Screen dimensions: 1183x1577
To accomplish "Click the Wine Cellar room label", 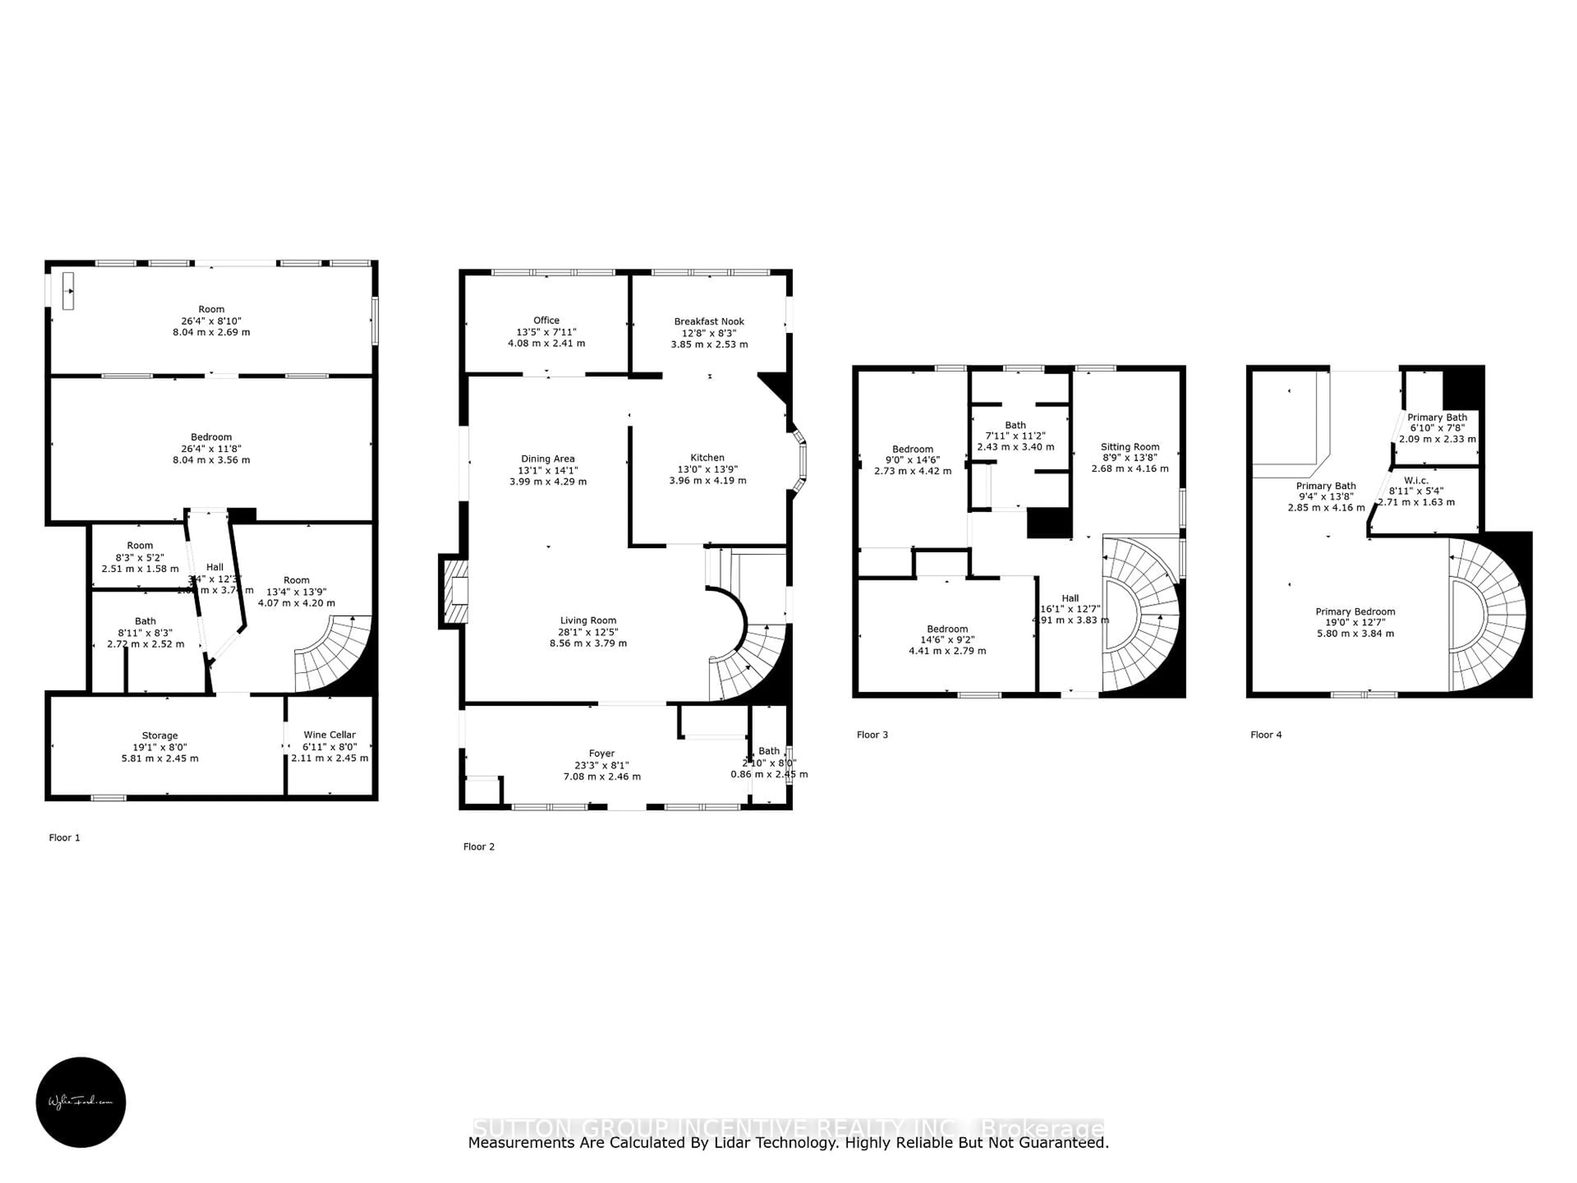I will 329,734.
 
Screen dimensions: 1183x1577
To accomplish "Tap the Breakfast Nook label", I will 709,322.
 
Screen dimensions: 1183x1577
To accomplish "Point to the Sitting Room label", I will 1130,447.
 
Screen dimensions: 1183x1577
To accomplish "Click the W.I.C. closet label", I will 1416,481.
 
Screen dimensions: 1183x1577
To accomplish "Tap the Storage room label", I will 160,735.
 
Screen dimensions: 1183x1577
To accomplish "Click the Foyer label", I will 602,753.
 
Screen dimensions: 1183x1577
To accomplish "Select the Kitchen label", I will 707,458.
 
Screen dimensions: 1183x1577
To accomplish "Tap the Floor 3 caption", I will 872,734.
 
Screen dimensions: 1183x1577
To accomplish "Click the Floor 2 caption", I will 478,847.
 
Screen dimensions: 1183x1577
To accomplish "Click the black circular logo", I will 80,1102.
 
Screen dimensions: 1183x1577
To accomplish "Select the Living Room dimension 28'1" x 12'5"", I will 588,632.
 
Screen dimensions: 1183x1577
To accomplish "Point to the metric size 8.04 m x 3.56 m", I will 211,460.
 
